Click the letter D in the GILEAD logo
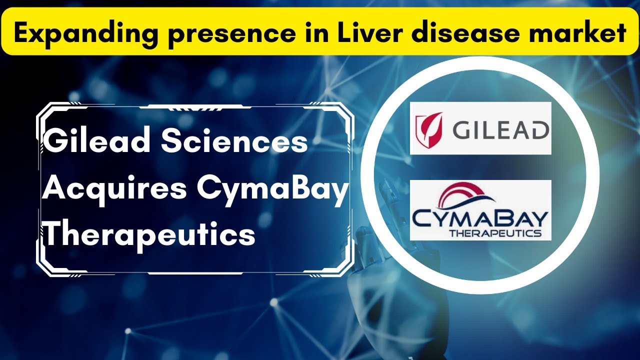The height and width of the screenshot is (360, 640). [x=538, y=131]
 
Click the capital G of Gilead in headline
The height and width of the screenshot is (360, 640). [x=56, y=141]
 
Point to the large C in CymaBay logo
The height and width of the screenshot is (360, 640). [x=422, y=218]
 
